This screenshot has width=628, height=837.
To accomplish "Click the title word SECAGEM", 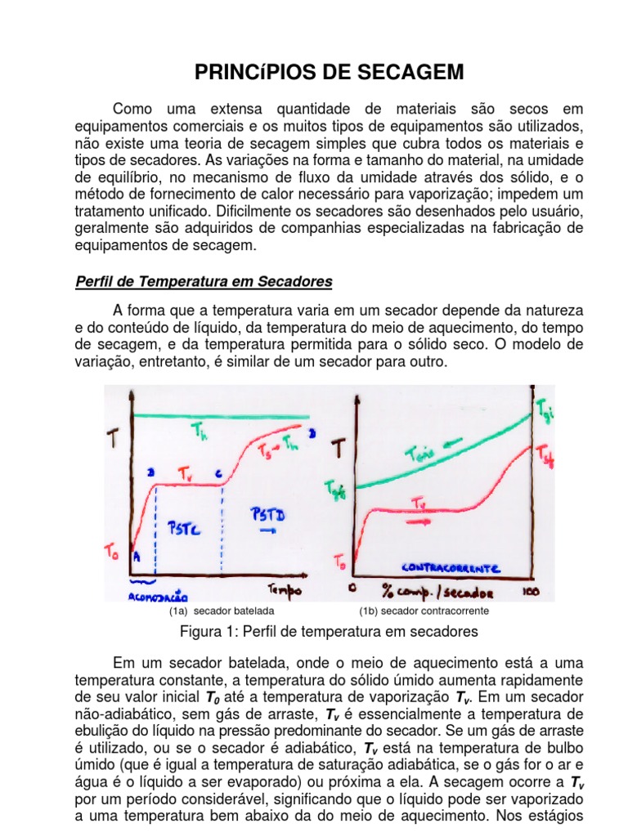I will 418,73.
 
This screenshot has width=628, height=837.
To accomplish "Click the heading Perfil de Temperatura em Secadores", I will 204,282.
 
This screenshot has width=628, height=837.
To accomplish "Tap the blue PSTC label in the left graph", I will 186,529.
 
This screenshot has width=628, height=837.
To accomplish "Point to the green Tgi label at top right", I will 545,407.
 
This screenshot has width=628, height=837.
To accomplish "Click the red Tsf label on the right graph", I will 545,457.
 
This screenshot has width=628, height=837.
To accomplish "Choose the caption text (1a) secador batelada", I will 221,611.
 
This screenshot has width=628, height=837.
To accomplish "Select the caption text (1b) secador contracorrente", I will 424,611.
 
